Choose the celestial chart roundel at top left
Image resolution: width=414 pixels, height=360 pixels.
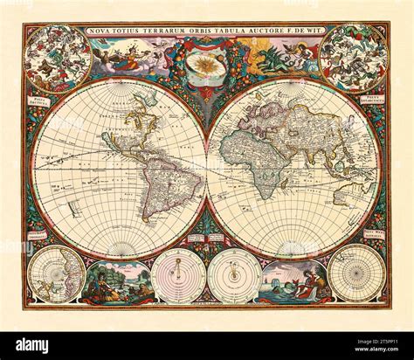click(x=58, y=58)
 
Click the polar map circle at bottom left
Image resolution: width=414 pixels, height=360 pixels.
click(x=55, y=273)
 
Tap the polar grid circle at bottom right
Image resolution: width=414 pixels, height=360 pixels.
click(x=356, y=273)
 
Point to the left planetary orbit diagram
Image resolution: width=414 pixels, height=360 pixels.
click(x=178, y=276)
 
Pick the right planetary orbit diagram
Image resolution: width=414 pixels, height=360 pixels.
click(x=234, y=276)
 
